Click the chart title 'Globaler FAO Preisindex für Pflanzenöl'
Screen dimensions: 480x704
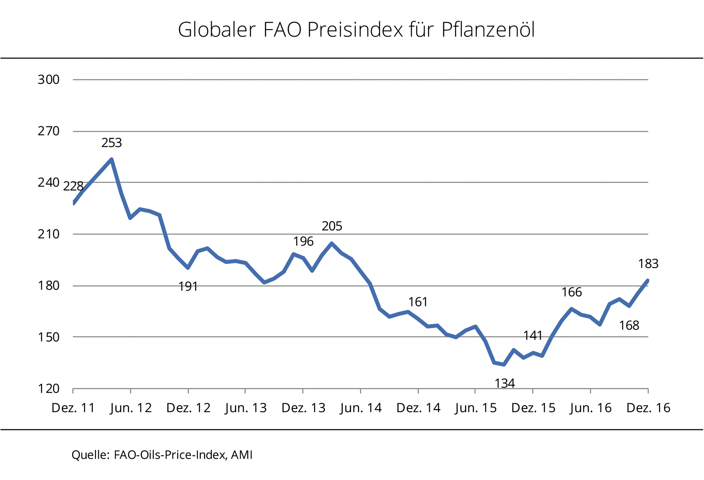point(356,30)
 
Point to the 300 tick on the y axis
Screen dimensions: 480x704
point(48,80)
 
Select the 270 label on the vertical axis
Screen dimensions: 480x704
point(48,131)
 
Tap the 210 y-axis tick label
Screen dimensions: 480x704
point(48,234)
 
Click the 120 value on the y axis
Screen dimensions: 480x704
point(48,389)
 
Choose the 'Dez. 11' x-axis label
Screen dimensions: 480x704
point(73,408)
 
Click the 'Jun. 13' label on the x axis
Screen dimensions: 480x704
point(246,408)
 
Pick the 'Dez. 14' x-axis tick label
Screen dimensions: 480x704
point(418,408)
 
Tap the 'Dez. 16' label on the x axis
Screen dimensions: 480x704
point(648,408)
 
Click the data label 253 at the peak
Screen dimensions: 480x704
point(111,143)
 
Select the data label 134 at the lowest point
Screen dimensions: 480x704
point(504,383)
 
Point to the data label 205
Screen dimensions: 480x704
point(332,226)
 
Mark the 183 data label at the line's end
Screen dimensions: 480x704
point(648,264)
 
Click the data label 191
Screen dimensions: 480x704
point(188,287)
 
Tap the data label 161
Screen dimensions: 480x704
point(418,302)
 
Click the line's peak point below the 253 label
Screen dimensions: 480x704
point(111,159)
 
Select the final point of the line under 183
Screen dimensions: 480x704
point(648,281)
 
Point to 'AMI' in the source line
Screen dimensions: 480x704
point(242,455)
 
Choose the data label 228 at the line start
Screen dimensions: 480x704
point(73,187)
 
